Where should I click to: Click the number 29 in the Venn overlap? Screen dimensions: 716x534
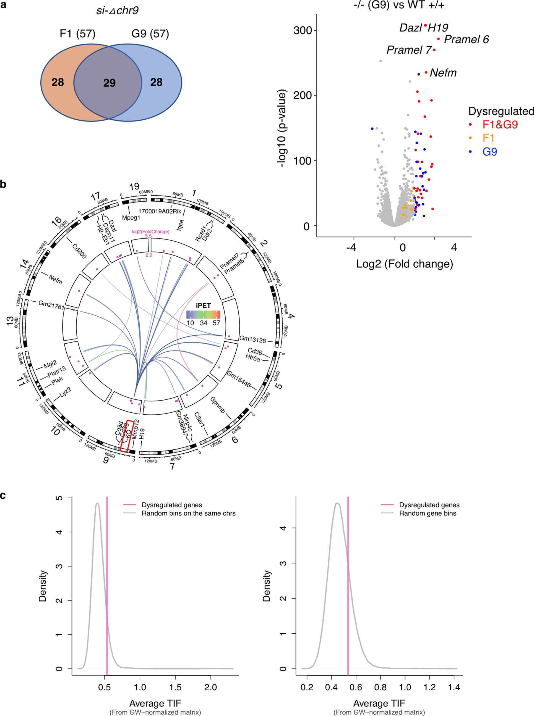109,83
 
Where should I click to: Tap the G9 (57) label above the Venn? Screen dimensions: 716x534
150,34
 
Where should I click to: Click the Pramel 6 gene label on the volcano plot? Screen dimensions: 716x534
466,40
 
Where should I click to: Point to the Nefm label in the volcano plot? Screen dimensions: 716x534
443,73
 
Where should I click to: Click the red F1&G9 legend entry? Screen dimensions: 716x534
500,125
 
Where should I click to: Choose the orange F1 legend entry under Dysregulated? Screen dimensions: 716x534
488,138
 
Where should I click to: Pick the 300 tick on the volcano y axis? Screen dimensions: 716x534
302,31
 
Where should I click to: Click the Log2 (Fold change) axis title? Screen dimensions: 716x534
404,264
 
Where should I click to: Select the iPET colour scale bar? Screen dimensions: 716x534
203,314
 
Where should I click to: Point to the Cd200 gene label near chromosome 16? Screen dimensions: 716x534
79,251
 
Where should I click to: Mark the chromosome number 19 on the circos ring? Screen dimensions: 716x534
134,186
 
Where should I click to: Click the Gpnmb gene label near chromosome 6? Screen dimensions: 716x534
218,405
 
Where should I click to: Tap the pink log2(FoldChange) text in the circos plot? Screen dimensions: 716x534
150,231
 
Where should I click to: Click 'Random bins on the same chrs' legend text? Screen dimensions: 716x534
188,513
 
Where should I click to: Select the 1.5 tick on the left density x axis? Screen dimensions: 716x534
175,687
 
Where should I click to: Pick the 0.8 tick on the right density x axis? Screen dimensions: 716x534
380,687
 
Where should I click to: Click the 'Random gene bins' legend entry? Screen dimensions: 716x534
427,513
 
